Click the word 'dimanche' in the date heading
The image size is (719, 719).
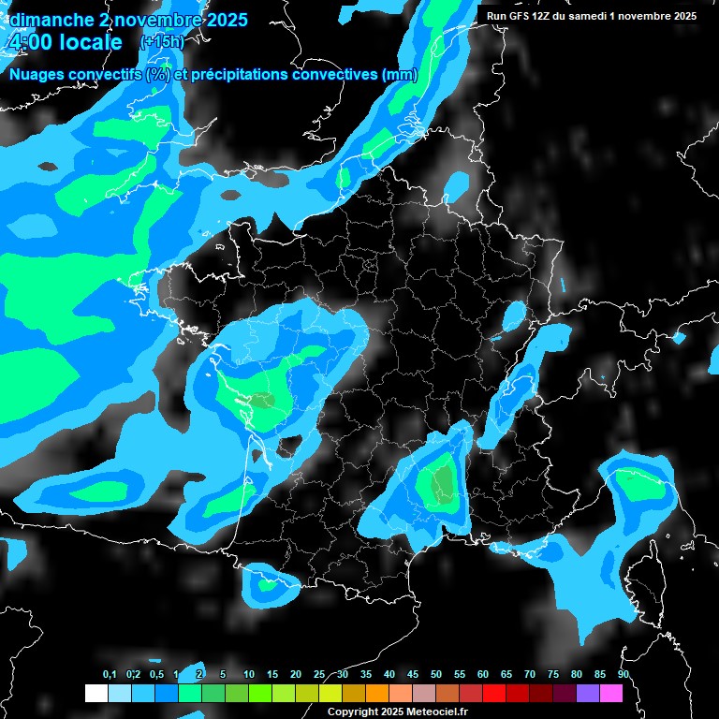click(x=51, y=20)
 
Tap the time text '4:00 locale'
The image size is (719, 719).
click(x=65, y=43)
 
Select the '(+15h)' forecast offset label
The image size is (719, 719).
click(x=161, y=42)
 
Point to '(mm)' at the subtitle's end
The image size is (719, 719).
click(x=400, y=75)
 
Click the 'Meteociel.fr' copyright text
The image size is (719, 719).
click(x=437, y=712)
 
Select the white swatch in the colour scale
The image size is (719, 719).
click(x=95, y=693)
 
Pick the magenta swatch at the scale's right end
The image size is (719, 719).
click(x=611, y=693)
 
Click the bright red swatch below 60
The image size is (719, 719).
click(x=494, y=693)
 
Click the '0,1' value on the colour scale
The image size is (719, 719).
click(x=110, y=675)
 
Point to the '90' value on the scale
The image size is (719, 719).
click(x=624, y=675)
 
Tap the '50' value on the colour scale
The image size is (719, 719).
click(x=436, y=675)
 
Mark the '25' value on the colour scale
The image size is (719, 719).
click(x=319, y=675)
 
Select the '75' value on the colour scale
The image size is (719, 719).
click(x=553, y=675)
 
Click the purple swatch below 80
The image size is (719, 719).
click(x=588, y=693)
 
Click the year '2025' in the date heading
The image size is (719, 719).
click(x=220, y=20)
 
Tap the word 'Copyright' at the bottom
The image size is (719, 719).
click(x=353, y=712)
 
